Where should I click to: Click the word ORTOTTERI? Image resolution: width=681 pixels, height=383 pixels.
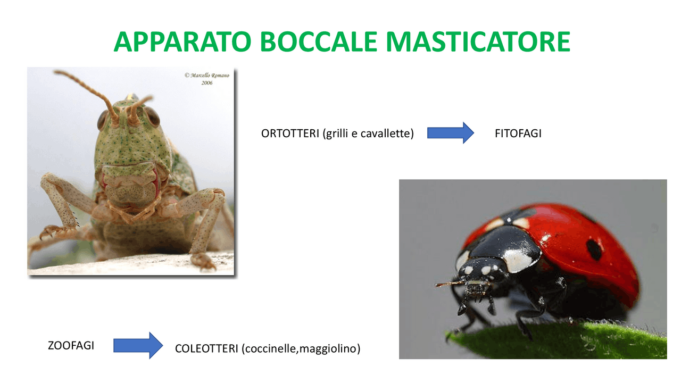(x=290, y=134)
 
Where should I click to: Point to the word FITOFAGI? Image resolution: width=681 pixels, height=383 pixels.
(x=518, y=134)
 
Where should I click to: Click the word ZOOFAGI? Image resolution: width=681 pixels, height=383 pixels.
(x=71, y=345)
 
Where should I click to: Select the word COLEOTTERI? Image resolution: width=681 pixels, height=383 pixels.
(x=206, y=349)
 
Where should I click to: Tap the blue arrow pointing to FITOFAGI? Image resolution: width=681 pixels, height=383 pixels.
(x=450, y=133)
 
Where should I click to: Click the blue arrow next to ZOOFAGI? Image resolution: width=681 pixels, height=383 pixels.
(x=138, y=345)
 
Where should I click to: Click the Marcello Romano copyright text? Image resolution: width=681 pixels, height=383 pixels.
(x=207, y=76)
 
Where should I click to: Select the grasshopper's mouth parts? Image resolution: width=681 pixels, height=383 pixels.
(x=130, y=199)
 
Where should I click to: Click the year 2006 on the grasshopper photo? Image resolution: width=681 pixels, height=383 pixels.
(x=207, y=83)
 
